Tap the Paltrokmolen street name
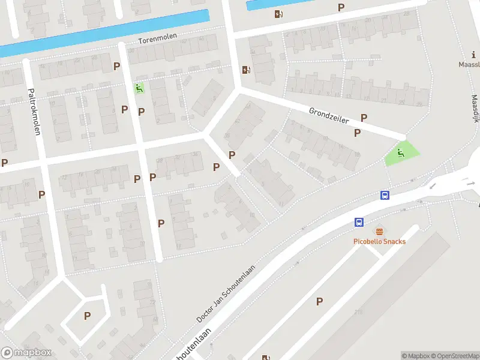point(33,112)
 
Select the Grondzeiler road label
point(329,116)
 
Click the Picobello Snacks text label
point(379,241)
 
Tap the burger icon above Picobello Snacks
point(379,231)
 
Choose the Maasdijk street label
point(475,109)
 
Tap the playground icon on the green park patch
point(401,153)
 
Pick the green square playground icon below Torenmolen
point(139,89)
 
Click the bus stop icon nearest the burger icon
point(359,222)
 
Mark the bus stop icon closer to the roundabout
point(385,195)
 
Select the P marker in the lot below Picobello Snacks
point(319,301)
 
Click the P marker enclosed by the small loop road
point(87,316)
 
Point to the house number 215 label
point(359,312)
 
